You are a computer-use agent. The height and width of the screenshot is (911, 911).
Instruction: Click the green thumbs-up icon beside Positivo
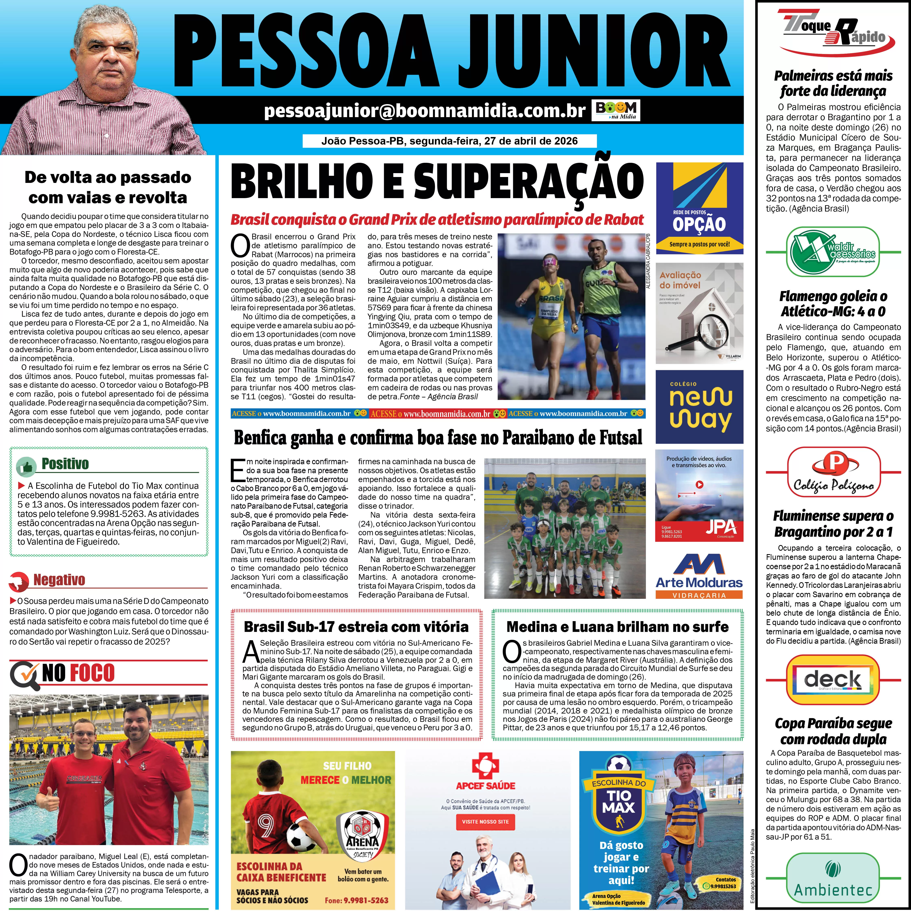pyautogui.click(x=26, y=466)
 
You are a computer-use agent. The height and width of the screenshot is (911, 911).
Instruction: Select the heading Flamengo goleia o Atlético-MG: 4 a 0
pyautogui.click(x=833, y=304)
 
